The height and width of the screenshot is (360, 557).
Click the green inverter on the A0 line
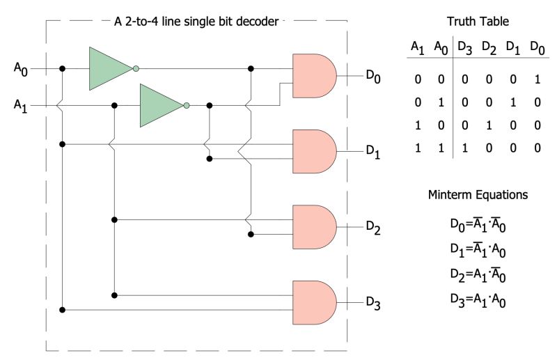[x=110, y=68]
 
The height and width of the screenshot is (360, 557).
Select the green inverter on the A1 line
[x=161, y=106]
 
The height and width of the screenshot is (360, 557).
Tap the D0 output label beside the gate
[x=373, y=76]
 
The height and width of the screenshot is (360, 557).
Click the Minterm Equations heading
[x=477, y=196]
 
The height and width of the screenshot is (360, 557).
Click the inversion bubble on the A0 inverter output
[x=136, y=68]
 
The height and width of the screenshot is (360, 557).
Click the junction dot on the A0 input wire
[x=63, y=68]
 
